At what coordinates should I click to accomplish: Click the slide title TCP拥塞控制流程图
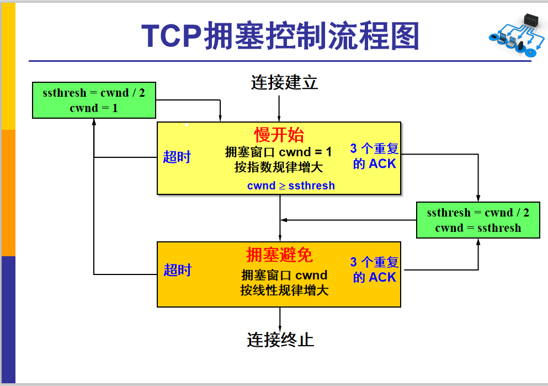pyautogui.click(x=280, y=36)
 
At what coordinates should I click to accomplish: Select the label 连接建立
pyautogui.click(x=284, y=83)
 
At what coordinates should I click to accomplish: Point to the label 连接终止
pyautogui.click(x=280, y=339)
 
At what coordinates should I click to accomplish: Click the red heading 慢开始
pyautogui.click(x=279, y=135)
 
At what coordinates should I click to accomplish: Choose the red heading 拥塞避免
pyautogui.click(x=279, y=255)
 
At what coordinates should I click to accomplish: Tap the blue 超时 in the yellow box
pyautogui.click(x=177, y=157)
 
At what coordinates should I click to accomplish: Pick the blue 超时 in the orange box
pyautogui.click(x=177, y=270)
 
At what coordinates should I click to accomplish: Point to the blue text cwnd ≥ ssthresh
pyautogui.click(x=291, y=186)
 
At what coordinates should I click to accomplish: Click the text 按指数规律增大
pyautogui.click(x=279, y=167)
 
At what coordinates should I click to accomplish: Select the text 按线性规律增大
pyautogui.click(x=284, y=290)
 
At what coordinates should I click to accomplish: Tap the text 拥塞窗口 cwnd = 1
pyautogui.click(x=279, y=152)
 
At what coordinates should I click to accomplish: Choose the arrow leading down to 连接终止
pyautogui.click(x=280, y=319)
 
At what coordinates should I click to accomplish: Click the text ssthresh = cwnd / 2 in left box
pyautogui.click(x=94, y=92)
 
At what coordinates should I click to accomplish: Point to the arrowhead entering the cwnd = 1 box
pyautogui.click(x=94, y=122)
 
